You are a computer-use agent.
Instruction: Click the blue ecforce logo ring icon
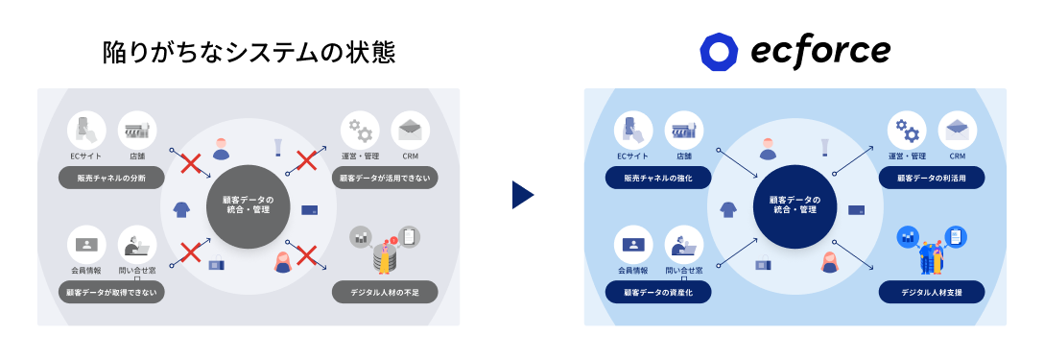coord(719,52)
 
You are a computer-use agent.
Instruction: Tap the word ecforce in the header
coord(820,51)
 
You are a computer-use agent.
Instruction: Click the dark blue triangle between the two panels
coord(523,195)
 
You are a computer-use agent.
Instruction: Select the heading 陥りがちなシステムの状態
coord(249,52)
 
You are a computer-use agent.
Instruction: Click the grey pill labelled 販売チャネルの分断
coord(111,178)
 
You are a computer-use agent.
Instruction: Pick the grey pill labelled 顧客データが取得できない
coord(111,292)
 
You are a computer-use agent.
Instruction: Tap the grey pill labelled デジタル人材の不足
coord(385,292)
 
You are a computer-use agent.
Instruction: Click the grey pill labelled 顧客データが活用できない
coord(385,178)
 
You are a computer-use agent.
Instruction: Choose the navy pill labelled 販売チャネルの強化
coord(658,178)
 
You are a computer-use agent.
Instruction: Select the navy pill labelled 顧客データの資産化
coord(658,292)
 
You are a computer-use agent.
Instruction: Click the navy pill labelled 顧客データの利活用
coord(932,178)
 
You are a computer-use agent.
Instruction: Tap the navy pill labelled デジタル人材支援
coord(932,292)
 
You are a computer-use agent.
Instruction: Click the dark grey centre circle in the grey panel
coord(248,206)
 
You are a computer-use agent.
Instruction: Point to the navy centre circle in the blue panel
coord(795,206)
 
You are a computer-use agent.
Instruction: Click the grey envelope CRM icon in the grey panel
coord(410,131)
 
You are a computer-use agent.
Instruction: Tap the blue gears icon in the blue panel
coord(907,131)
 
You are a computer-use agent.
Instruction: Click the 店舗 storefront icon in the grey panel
coord(137,131)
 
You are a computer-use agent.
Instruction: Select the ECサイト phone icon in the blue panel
coord(633,131)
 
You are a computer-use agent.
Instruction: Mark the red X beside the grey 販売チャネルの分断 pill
coord(190,162)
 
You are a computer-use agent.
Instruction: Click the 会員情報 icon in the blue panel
coord(633,245)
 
